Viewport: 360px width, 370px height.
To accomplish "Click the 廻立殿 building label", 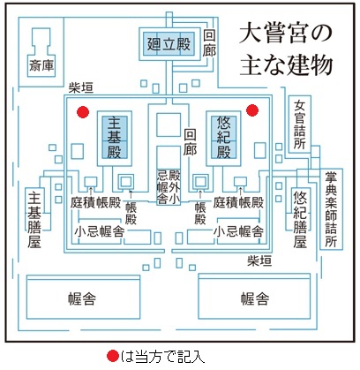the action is tap(169, 44).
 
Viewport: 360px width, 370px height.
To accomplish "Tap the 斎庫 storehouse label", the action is tap(41, 65).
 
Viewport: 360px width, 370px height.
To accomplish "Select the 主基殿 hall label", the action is tap(114, 138).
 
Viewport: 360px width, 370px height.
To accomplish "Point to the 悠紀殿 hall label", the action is tap(223, 138).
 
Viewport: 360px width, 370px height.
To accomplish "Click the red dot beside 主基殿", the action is tap(83, 112).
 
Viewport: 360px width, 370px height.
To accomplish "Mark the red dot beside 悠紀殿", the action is tap(252, 110).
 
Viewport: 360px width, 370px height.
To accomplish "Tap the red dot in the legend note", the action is tap(113, 356).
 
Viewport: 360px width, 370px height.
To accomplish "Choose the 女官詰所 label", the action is tap(300, 125).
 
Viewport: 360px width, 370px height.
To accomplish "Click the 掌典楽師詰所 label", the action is tap(331, 209).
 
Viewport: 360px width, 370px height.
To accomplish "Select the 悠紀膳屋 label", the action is tap(300, 219).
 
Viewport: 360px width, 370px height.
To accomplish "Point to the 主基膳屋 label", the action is tap(34, 219).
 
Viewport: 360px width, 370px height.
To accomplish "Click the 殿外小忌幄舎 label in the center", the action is tap(169, 186).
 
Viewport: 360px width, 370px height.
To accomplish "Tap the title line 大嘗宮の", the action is tap(285, 32).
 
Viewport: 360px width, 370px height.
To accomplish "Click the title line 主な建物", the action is tap(286, 64).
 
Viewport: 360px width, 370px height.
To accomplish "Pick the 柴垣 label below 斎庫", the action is tap(80, 87).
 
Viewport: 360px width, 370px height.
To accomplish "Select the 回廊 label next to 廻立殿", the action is tap(209, 43).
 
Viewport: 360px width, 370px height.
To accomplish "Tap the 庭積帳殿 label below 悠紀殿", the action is tap(238, 203).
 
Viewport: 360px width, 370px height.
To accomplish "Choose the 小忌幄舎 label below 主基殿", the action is tap(99, 231).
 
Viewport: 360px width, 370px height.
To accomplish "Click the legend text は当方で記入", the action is tap(162, 357).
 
